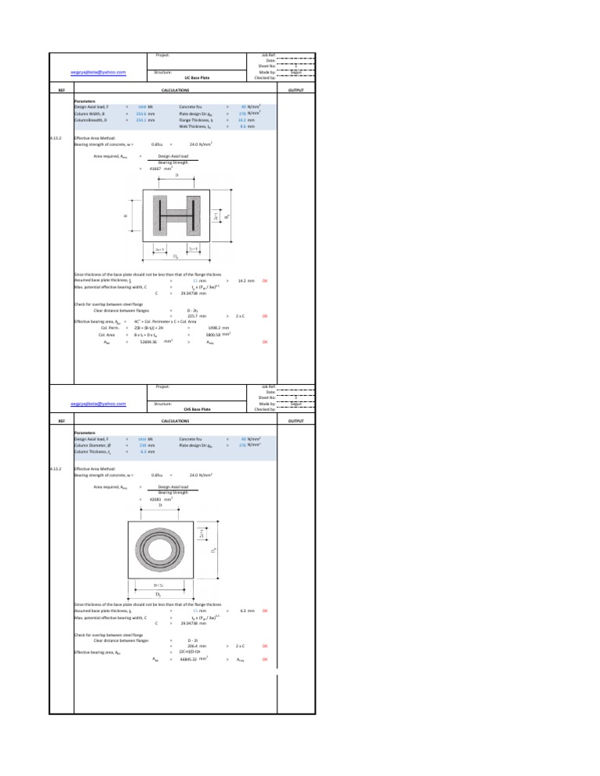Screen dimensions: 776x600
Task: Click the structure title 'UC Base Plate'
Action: pos(193,78)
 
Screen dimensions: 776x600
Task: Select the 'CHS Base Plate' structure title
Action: pos(193,408)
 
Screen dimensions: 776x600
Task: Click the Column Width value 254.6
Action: pos(141,114)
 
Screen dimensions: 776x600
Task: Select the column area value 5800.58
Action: pos(217,335)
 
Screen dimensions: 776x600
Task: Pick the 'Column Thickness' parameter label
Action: pos(94,451)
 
